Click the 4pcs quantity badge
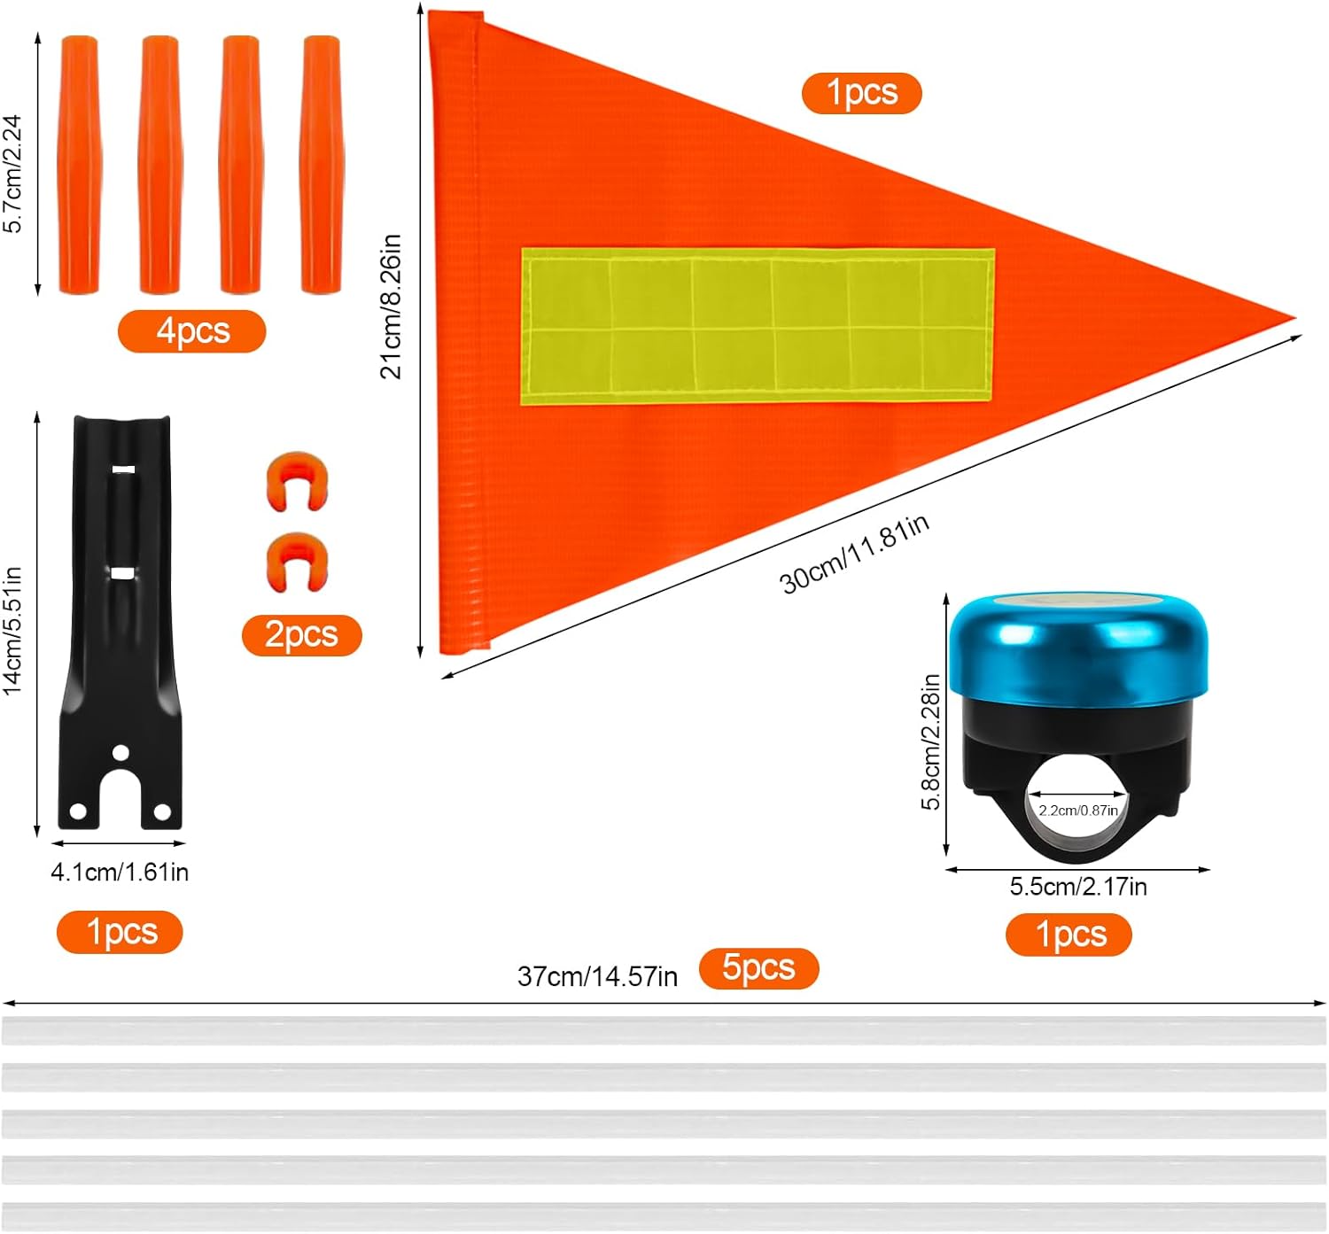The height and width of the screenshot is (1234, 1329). click(191, 331)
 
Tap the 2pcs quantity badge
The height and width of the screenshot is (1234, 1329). click(301, 635)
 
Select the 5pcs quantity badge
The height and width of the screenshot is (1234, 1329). click(758, 967)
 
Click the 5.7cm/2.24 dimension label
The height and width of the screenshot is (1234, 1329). click(12, 174)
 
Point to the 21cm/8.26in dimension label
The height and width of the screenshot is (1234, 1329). click(391, 307)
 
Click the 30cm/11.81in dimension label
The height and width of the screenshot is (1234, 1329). click(854, 554)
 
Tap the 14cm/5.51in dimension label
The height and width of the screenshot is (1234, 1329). click(12, 631)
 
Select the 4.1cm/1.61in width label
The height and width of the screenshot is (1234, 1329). click(120, 873)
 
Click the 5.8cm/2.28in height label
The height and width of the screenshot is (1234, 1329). click(930, 741)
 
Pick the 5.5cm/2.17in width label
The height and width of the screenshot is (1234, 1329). click(1077, 887)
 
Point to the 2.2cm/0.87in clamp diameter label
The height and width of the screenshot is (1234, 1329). click(1077, 811)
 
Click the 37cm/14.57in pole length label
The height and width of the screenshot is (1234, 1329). click(597, 976)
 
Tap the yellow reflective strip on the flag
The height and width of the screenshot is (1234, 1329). click(757, 326)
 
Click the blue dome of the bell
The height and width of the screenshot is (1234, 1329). click(1076, 645)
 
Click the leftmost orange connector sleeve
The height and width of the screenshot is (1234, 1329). click(79, 165)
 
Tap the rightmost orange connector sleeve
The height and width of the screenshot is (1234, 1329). click(321, 165)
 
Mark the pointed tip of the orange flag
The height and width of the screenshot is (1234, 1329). click(1289, 317)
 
